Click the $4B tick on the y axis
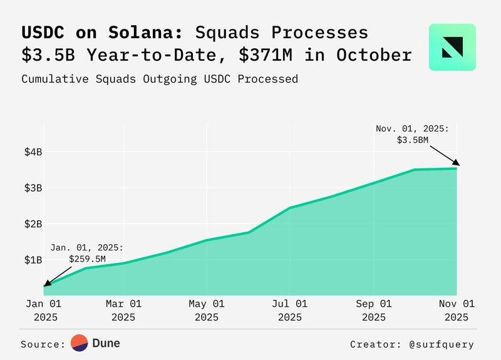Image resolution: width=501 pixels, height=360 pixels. pyautogui.click(x=33, y=152)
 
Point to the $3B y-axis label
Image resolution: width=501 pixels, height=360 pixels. pyautogui.click(x=33, y=188)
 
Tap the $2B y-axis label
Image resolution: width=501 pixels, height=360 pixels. pyautogui.click(x=33, y=224)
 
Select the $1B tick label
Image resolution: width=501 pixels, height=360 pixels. pyautogui.click(x=33, y=259)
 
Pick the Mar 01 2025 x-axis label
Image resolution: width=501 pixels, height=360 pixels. pyautogui.click(x=124, y=310)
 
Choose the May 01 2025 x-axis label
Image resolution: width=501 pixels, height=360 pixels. pyautogui.click(x=207, y=310)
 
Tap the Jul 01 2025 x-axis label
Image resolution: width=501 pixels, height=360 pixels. pyautogui.click(x=290, y=310)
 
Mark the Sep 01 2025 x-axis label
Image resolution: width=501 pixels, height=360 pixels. pyautogui.click(x=374, y=310)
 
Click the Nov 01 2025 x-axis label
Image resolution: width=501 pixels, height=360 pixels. pyautogui.click(x=456, y=310)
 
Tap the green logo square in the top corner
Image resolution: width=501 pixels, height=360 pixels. pyautogui.click(x=452, y=47)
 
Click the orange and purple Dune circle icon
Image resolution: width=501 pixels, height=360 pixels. pyautogui.click(x=79, y=343)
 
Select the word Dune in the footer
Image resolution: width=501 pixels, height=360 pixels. pyautogui.click(x=106, y=343)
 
